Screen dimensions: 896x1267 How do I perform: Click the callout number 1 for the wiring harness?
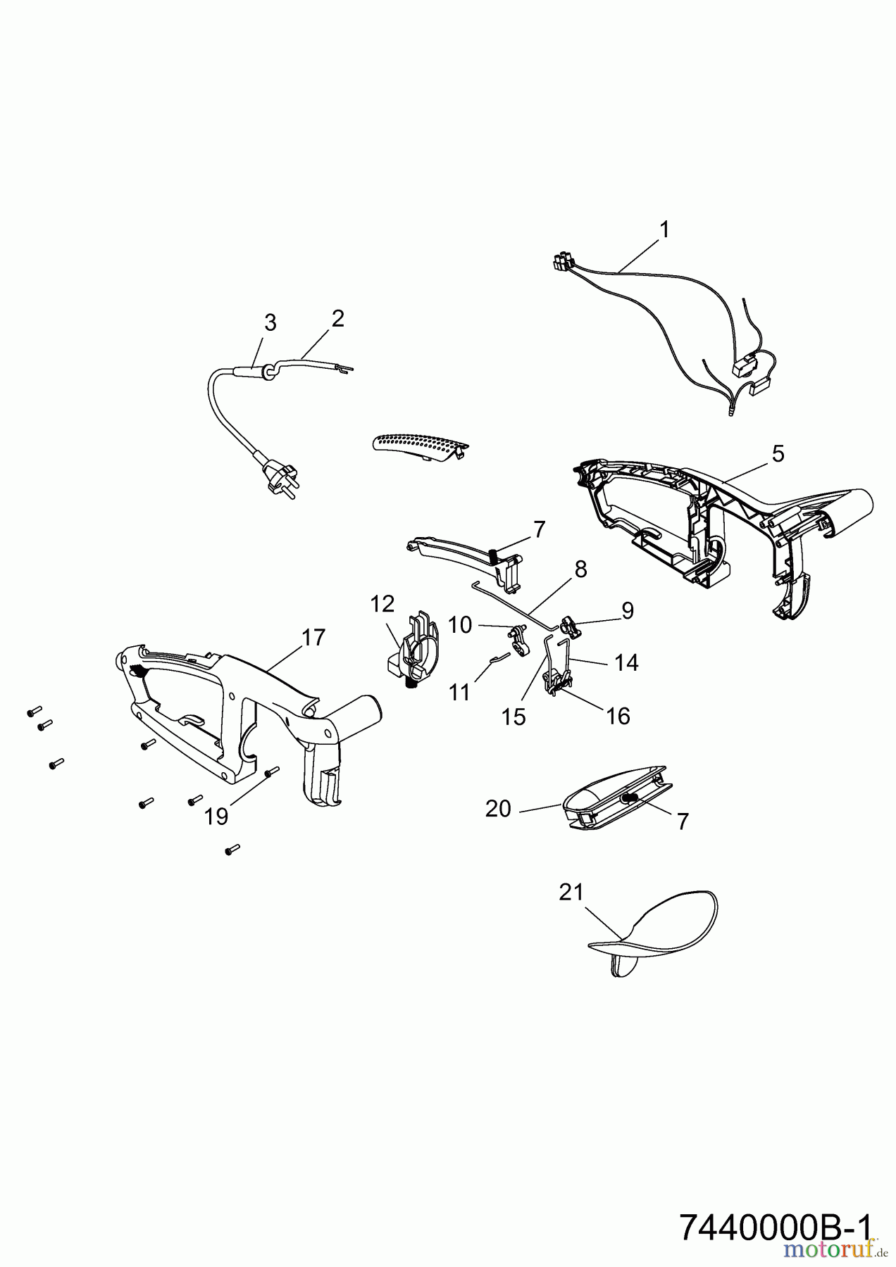(x=664, y=229)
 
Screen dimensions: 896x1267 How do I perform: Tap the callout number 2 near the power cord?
(x=338, y=319)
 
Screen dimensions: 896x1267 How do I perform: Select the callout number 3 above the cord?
(x=270, y=323)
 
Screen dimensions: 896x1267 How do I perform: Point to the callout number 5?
(x=778, y=454)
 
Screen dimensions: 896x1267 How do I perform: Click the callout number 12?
(x=383, y=603)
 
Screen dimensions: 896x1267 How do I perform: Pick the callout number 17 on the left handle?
(x=313, y=637)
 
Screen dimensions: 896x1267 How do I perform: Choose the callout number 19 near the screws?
(x=216, y=817)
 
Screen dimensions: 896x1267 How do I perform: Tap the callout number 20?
(x=498, y=809)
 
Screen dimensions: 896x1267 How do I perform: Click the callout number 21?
(x=571, y=893)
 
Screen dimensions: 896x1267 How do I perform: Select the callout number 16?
(x=618, y=716)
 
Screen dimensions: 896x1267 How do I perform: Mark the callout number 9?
(x=627, y=610)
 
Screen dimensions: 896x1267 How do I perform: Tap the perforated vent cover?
(x=418, y=446)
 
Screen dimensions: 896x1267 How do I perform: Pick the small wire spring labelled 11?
(x=499, y=658)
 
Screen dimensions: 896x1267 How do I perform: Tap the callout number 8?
(x=581, y=569)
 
